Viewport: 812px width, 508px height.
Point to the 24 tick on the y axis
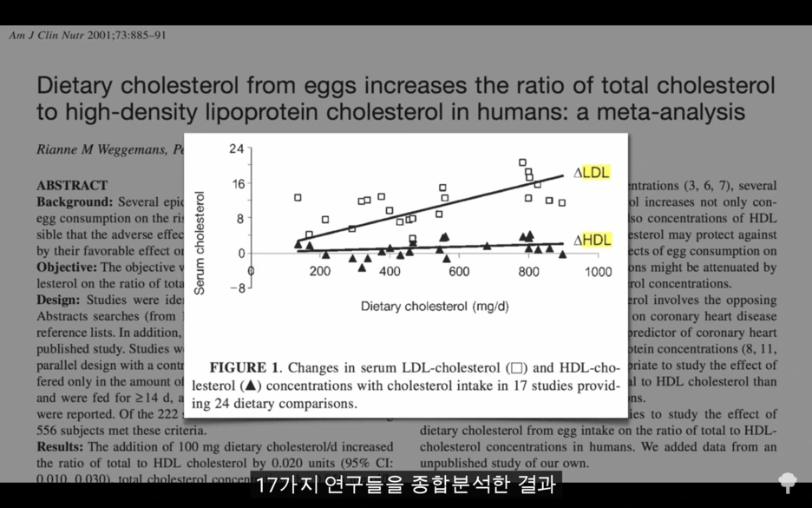pyautogui.click(x=236, y=149)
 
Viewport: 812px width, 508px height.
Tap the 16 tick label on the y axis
pyautogui.click(x=236, y=184)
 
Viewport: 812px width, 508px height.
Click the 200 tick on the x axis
pyautogui.click(x=320, y=272)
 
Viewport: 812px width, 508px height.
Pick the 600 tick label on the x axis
pyautogui.click(x=459, y=272)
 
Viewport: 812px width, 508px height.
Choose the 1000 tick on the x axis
pyautogui.click(x=598, y=272)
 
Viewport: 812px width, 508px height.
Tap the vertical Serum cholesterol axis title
pyautogui.click(x=200, y=243)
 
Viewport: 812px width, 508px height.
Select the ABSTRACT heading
pyautogui.click(x=72, y=185)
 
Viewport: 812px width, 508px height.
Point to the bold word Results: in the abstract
pyautogui.click(x=60, y=446)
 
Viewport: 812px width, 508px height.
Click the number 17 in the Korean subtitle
pyautogui.click(x=265, y=485)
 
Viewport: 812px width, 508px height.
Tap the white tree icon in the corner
pyautogui.click(x=788, y=483)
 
